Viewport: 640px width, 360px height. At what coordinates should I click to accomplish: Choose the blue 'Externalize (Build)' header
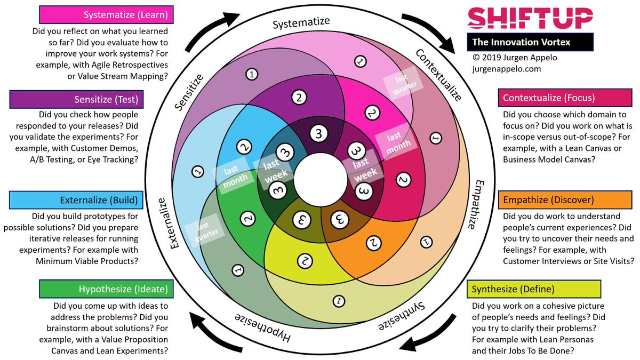(75, 201)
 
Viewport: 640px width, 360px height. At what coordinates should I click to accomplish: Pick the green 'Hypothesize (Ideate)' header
(105, 290)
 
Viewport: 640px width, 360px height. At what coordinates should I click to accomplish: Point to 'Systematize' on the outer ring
(301, 23)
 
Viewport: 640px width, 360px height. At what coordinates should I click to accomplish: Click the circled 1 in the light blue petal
(198, 171)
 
